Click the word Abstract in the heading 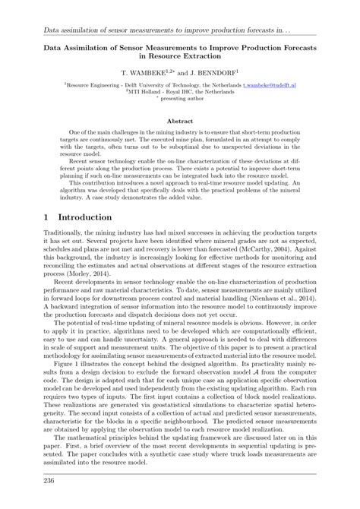click(180, 121)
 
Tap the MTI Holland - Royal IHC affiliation click(180, 93)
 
